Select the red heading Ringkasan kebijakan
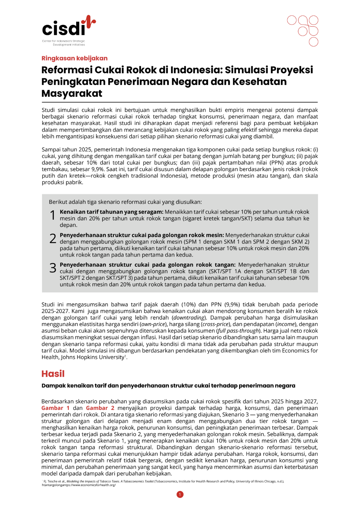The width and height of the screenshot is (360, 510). tap(75, 58)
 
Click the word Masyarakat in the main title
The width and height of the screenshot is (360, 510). tap(72, 94)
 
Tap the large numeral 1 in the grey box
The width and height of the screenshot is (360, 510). tap(53, 215)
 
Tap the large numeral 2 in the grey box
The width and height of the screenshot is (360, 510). tap(53, 239)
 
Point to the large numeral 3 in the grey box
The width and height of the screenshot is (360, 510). tap(53, 268)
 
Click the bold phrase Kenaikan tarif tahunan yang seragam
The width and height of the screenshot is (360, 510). tap(111, 212)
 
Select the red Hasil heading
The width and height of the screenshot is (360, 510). tap(53, 374)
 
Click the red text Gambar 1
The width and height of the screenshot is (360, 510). tap(55, 408)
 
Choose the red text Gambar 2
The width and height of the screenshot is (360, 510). tap(100, 408)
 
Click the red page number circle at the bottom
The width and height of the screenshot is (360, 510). tap(180, 495)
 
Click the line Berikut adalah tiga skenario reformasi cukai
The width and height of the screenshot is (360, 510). tap(125, 202)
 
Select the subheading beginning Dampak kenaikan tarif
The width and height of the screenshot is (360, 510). tap(168, 386)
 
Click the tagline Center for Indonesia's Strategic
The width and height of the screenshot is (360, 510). tap(64, 41)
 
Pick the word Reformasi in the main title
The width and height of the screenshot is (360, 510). tap(67, 70)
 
